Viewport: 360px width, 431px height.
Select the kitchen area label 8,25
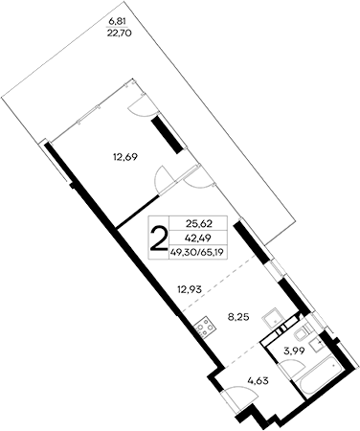click(x=237, y=312)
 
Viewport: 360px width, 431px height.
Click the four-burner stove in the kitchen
click(x=203, y=328)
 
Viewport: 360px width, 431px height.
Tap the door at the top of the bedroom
click(x=141, y=107)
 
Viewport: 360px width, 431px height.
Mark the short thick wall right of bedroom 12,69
click(x=169, y=133)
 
